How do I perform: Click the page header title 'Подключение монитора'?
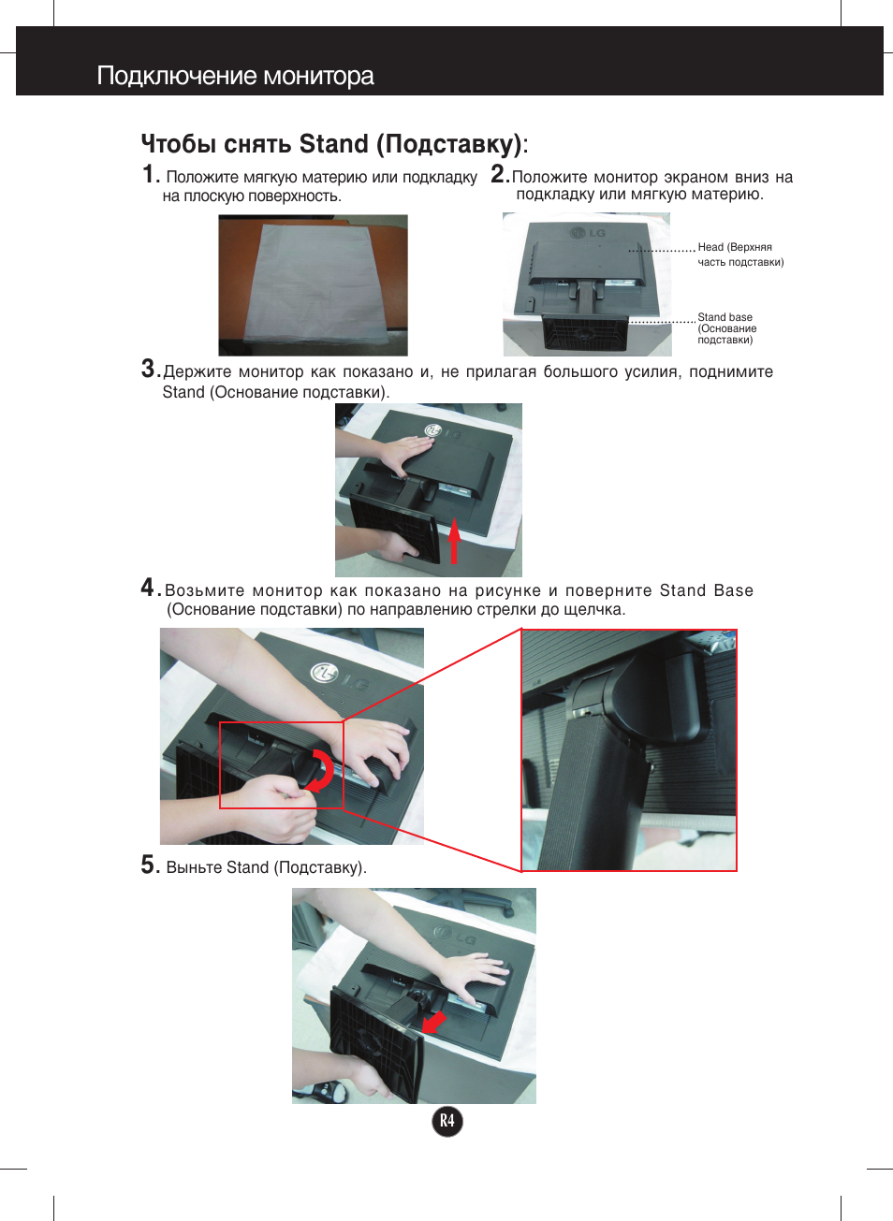[235, 76]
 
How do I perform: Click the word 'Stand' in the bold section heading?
[333, 144]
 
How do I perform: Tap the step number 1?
[149, 175]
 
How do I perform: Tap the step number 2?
[499, 174]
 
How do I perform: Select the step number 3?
[149, 369]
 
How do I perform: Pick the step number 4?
[148, 588]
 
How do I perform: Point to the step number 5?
[149, 865]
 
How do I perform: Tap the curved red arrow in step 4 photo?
[321, 770]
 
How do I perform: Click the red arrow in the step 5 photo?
[434, 1022]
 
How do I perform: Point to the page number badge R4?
[447, 1121]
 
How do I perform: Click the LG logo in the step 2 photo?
[590, 232]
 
